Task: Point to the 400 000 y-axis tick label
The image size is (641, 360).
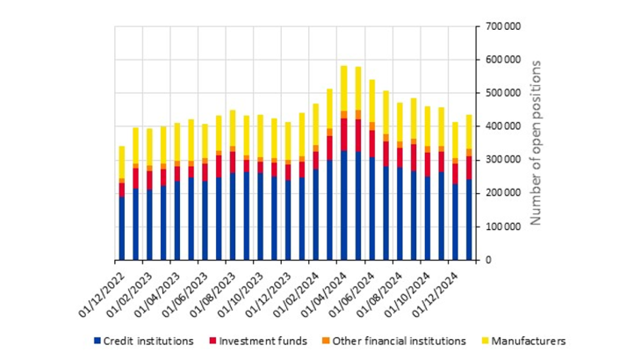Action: [x=503, y=126]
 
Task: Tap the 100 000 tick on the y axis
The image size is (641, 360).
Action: [x=503, y=227]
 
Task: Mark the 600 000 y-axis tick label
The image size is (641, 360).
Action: [x=503, y=60]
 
